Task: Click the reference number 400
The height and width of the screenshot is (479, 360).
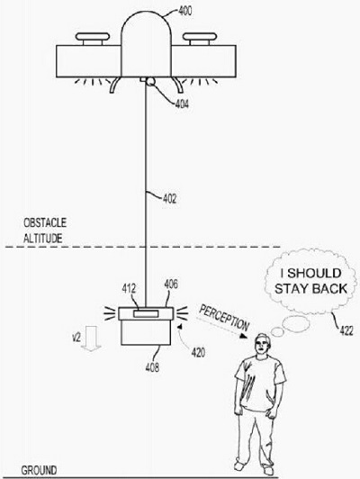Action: (184, 11)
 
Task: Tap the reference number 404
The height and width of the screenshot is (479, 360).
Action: (182, 104)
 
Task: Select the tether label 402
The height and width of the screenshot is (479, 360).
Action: (170, 199)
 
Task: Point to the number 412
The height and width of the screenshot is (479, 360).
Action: (129, 289)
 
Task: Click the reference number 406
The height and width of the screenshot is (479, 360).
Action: (171, 285)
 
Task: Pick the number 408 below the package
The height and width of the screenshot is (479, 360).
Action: (152, 366)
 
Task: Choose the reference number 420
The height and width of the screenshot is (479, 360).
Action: (198, 353)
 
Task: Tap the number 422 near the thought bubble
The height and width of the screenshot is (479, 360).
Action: (346, 330)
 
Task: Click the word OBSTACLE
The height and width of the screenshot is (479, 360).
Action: (45, 222)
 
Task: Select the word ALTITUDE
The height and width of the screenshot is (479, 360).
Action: (42, 239)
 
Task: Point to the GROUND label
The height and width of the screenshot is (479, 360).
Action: (39, 470)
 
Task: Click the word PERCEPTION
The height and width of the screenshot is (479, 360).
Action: (224, 318)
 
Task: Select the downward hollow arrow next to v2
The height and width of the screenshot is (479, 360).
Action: (91, 339)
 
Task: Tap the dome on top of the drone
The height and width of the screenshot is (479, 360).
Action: (146, 43)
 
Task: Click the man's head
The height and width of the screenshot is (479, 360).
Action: (262, 344)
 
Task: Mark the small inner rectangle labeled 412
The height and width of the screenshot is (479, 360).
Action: (146, 313)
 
